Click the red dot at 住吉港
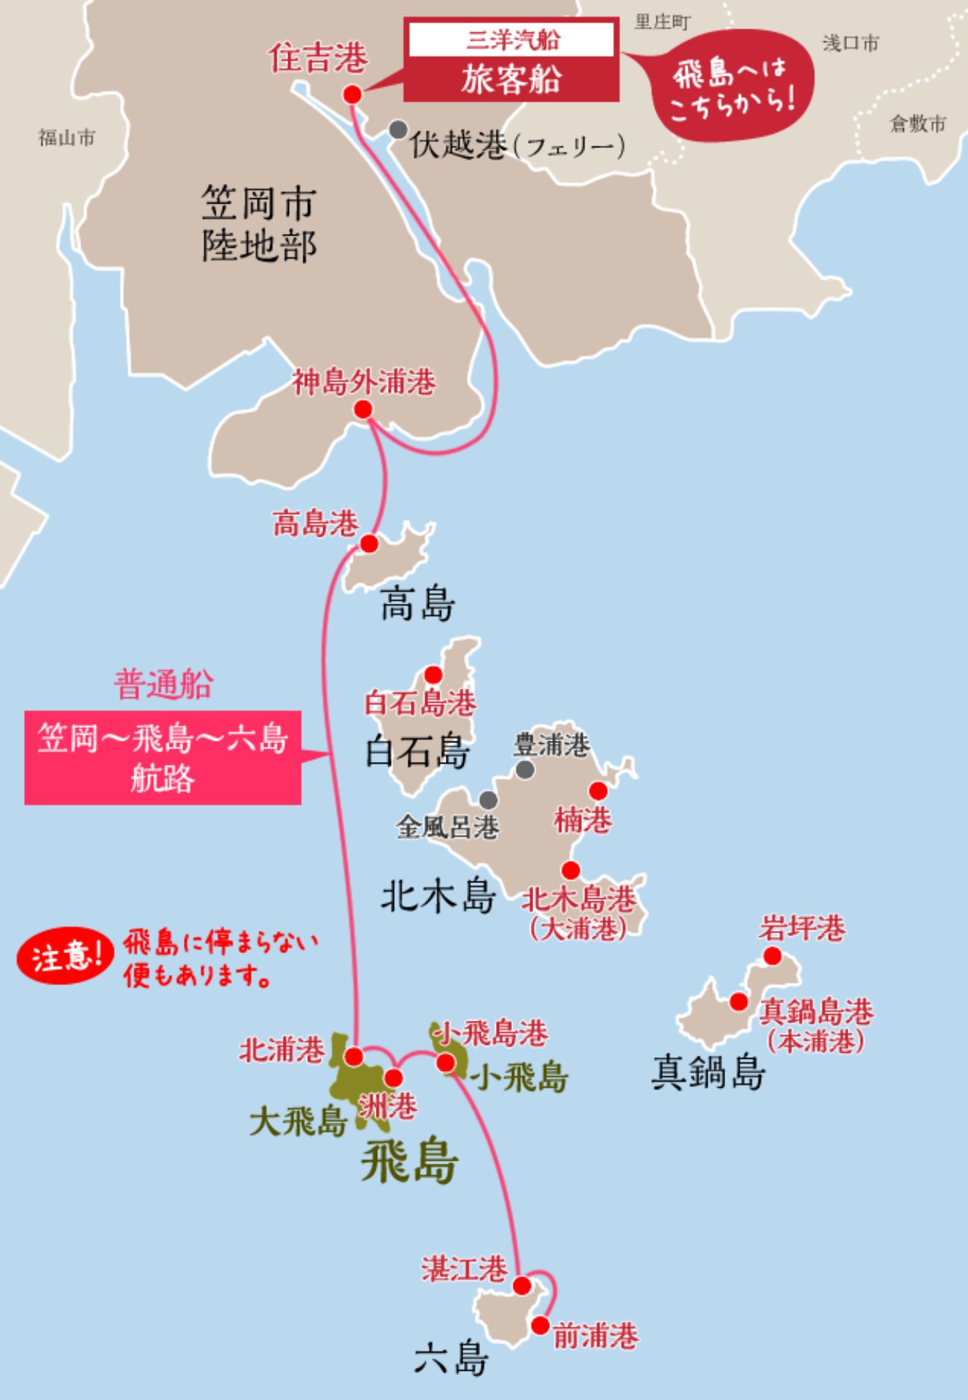[x=352, y=95]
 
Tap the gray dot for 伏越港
[x=398, y=130]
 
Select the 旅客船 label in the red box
[x=511, y=79]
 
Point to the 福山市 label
[x=66, y=137]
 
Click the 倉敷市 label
[x=918, y=123]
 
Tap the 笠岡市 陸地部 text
[x=258, y=224]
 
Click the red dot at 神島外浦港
[x=363, y=409]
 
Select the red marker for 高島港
[x=369, y=543]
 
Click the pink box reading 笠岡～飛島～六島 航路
[x=163, y=758]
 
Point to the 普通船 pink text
[x=163, y=685]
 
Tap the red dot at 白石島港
[x=433, y=674]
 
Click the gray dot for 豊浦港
[x=524, y=769]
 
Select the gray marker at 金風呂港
[x=488, y=799]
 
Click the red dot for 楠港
[x=598, y=791]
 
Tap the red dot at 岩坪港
[x=772, y=956]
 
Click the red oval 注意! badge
[x=66, y=957]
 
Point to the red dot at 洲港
[x=393, y=1078]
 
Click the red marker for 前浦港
[x=541, y=1325]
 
